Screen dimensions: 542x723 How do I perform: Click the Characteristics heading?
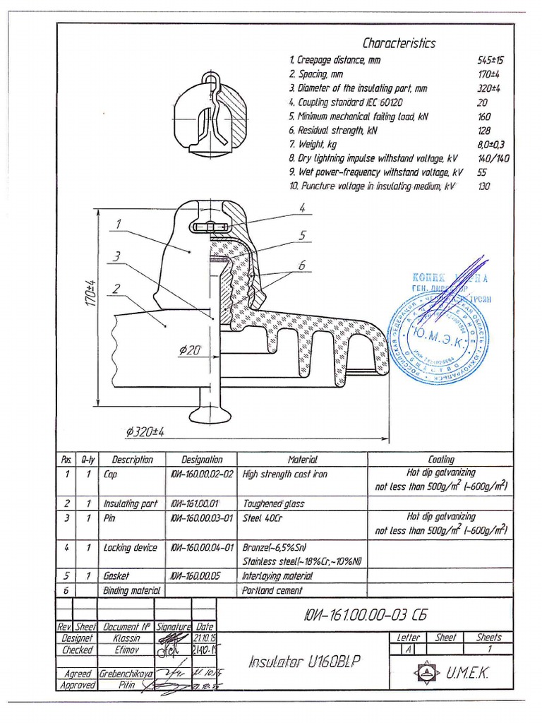click(399, 44)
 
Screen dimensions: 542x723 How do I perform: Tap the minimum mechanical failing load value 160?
click(484, 116)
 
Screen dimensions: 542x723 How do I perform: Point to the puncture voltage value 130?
click(483, 186)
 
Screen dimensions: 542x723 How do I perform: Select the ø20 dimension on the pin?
click(188, 349)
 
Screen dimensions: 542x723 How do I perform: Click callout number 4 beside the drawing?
click(301, 208)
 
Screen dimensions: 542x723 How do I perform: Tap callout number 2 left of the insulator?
click(115, 287)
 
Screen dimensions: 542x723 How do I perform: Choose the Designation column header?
click(202, 460)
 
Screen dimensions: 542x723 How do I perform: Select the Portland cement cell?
click(272, 590)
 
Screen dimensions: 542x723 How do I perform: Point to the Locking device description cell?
click(131, 548)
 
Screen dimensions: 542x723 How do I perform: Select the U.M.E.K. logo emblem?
click(427, 673)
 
